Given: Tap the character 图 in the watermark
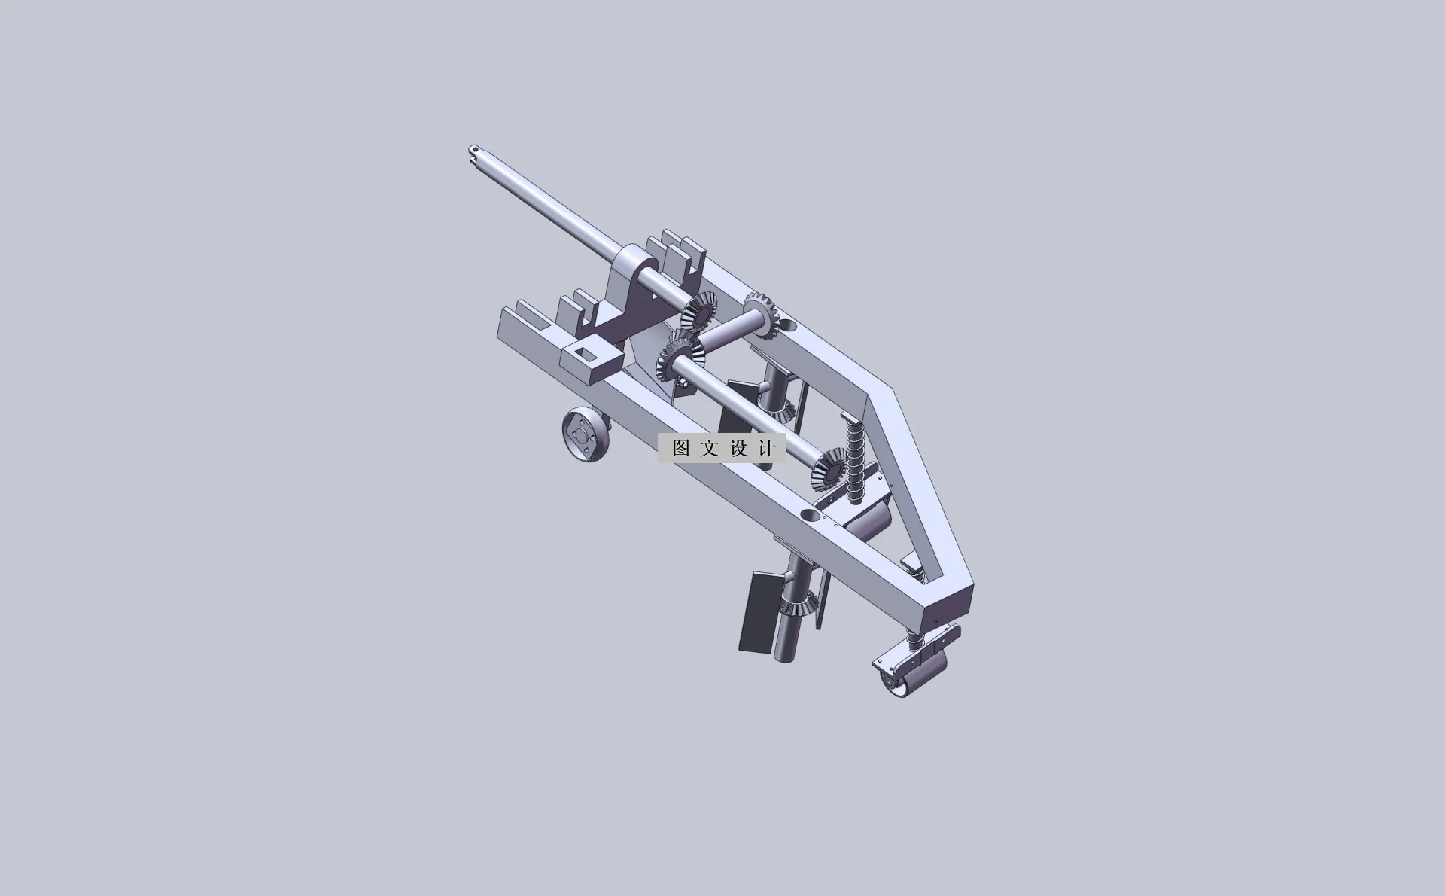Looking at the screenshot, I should click(x=681, y=448).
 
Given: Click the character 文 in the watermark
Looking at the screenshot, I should click(x=709, y=448).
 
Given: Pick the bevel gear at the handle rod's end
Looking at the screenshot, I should click(x=699, y=310).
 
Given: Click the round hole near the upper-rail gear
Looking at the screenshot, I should click(x=787, y=325).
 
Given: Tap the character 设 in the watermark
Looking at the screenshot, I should click(x=738, y=448).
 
